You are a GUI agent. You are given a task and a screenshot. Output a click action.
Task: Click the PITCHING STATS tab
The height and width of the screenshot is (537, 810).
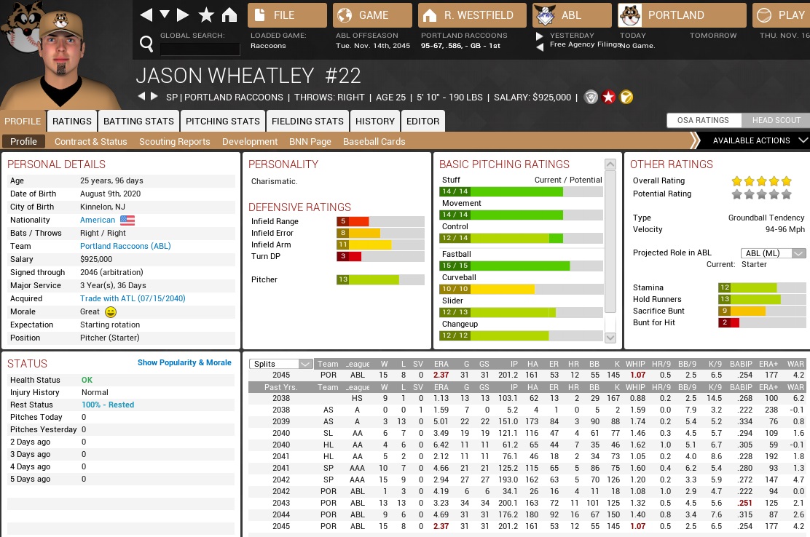pos(223,121)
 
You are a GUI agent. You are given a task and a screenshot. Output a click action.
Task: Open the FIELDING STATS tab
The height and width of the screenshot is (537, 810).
pos(307,121)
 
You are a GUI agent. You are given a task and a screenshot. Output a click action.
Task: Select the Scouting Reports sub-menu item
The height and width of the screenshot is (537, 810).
pos(174,141)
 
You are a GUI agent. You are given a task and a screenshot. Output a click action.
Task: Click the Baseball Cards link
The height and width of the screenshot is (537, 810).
pos(374,141)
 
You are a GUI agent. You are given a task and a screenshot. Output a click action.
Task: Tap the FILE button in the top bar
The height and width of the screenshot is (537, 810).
pos(287,15)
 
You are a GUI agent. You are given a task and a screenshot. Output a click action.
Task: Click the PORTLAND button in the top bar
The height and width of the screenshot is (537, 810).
pos(682,15)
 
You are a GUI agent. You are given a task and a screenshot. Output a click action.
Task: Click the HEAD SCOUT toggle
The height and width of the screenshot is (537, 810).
pos(776,120)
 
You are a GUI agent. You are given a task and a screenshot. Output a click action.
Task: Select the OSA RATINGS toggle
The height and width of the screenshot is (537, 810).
pos(702,120)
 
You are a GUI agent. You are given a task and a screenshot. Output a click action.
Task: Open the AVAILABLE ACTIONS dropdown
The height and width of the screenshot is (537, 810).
pos(751,140)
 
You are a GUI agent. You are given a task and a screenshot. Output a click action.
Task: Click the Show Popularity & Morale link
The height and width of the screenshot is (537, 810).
pos(184,362)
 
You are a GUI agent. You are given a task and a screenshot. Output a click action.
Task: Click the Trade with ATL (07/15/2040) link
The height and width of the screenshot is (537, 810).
pos(133,298)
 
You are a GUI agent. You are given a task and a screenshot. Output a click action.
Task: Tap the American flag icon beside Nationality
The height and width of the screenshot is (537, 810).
pos(128,220)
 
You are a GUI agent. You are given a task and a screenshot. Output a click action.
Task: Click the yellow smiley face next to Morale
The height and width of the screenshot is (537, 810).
pos(111,311)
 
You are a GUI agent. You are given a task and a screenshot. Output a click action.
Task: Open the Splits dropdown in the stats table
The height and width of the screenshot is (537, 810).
pos(281,364)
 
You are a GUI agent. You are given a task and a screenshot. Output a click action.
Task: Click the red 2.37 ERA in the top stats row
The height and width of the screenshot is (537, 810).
pos(441,375)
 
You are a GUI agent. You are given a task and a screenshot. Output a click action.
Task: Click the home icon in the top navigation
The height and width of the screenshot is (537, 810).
pos(229,15)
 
